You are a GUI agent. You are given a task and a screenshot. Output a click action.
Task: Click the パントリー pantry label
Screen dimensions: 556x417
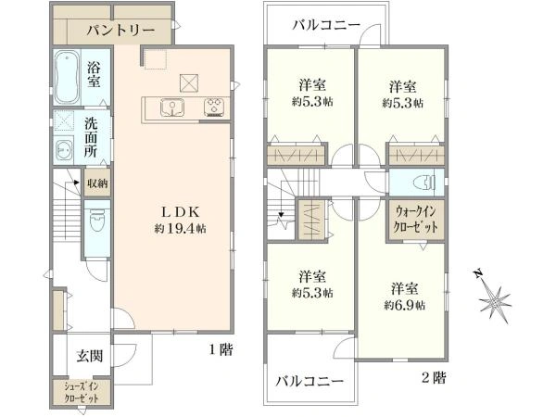click(x=120, y=31)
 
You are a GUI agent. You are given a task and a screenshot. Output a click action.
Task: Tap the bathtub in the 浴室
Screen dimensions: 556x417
click(x=67, y=77)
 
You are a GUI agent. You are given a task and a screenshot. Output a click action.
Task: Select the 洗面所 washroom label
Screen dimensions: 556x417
click(x=91, y=137)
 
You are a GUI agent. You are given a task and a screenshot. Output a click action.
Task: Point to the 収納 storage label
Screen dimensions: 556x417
click(x=97, y=183)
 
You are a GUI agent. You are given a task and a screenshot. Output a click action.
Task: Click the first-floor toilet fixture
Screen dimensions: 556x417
click(x=97, y=221)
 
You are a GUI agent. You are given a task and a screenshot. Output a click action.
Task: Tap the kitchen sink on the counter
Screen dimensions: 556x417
click(x=172, y=107)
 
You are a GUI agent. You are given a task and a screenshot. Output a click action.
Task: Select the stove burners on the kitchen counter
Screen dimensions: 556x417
click(x=214, y=107)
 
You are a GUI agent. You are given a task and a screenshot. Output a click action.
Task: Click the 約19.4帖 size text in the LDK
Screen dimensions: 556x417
click(x=180, y=229)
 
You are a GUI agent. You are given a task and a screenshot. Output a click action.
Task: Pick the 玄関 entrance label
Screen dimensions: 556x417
click(x=90, y=356)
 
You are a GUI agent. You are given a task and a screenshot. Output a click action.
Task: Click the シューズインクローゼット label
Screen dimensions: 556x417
click(x=82, y=392)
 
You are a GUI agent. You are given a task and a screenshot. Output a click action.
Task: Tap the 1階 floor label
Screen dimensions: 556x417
click(x=221, y=350)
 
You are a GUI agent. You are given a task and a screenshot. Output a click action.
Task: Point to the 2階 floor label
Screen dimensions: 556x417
click(x=434, y=378)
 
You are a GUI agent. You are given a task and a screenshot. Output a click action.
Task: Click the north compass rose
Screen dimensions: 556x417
click(x=494, y=300)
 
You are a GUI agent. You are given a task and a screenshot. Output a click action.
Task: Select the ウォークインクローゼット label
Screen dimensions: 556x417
click(x=416, y=221)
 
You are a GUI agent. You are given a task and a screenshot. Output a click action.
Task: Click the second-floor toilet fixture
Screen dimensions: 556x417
click(x=424, y=183)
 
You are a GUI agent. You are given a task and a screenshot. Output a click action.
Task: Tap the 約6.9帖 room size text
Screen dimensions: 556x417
click(x=404, y=305)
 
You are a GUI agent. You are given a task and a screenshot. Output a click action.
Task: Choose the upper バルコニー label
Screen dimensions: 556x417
click(x=326, y=26)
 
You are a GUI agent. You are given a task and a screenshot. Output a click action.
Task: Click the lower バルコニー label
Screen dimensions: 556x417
click(x=310, y=382)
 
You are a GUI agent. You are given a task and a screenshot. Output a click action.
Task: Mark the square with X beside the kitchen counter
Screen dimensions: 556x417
click(x=189, y=83)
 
